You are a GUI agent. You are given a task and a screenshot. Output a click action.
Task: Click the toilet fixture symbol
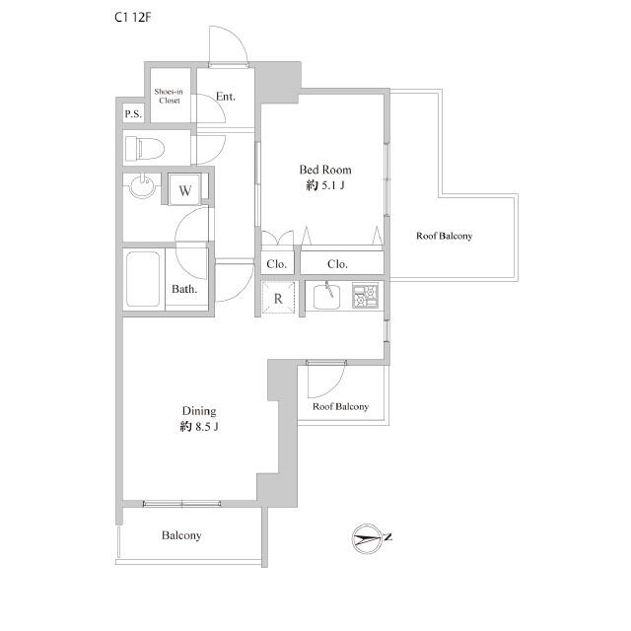click(145, 149)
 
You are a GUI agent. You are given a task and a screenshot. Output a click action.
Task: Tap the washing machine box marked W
click(184, 189)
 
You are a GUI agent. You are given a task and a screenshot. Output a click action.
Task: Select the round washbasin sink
click(143, 186)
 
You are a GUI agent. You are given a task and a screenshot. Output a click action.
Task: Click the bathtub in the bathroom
click(143, 279)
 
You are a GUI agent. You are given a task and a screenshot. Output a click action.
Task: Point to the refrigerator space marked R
click(278, 298)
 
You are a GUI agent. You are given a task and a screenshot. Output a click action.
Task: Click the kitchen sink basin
click(326, 297)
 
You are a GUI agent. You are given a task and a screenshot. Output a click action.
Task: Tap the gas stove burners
click(366, 296)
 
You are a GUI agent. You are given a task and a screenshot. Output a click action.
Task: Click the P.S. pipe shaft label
click(133, 114)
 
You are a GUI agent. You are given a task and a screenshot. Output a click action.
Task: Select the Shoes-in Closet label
click(169, 97)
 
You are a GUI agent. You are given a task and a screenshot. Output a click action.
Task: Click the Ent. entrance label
click(226, 97)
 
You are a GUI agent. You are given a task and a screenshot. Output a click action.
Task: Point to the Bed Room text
click(325, 170)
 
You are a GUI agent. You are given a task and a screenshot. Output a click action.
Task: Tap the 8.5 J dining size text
click(206, 427)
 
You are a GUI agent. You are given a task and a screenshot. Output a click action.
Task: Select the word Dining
click(199, 411)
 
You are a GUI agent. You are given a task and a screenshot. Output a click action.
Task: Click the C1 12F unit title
click(132, 18)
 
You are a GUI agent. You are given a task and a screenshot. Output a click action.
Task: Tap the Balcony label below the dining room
click(181, 535)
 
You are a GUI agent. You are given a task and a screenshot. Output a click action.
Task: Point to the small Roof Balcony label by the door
click(340, 406)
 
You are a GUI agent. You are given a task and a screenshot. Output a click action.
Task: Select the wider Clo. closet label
click(337, 264)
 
